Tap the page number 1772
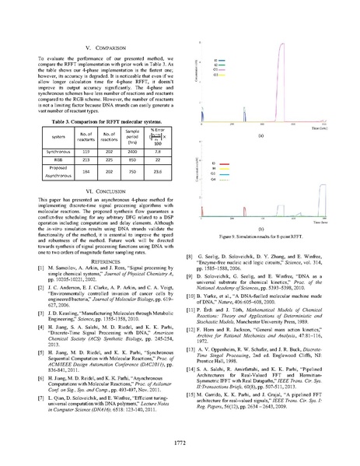pyautogui.click(x=180, y=442)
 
